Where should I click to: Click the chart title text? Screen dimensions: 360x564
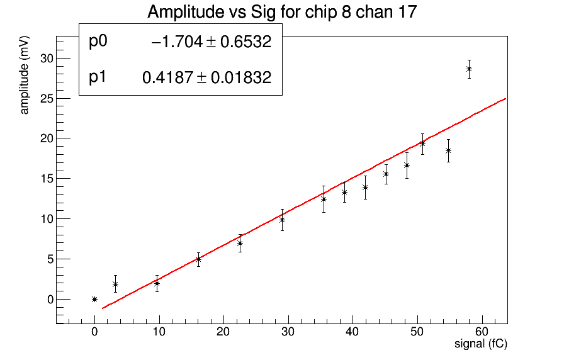pyautogui.click(x=281, y=12)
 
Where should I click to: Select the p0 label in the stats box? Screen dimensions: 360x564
pyautogui.click(x=99, y=42)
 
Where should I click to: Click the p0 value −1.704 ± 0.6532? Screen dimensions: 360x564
pyautogui.click(x=211, y=42)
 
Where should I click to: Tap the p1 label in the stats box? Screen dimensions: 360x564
pyautogui.click(x=99, y=77)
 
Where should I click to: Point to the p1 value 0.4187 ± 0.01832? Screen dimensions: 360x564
pyautogui.click(x=207, y=78)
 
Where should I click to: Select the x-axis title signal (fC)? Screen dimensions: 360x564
pyautogui.click(x=481, y=344)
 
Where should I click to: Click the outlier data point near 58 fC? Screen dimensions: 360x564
pyautogui.click(x=469, y=69)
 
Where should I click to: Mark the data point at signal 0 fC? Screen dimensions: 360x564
pyautogui.click(x=94, y=299)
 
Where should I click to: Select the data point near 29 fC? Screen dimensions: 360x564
pyautogui.click(x=282, y=220)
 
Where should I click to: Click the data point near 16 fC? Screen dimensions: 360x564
pyautogui.click(x=198, y=259)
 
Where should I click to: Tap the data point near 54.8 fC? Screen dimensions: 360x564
pyautogui.click(x=448, y=150)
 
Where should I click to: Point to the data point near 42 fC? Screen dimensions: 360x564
pyautogui.click(x=365, y=187)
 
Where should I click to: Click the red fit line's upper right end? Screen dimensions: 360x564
pyautogui.click(x=505, y=99)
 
